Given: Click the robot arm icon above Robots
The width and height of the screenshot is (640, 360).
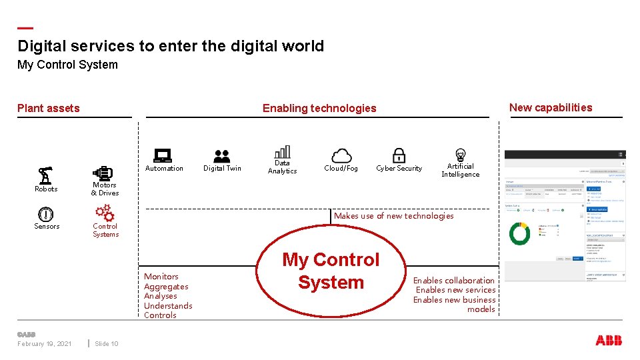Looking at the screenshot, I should point(45,175).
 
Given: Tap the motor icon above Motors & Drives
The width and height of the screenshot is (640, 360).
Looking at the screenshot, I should point(104,173).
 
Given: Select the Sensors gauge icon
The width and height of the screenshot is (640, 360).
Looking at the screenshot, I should point(45,214).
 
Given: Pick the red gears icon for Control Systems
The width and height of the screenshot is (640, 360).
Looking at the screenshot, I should point(105,213).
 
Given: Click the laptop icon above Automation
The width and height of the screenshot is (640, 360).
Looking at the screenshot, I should point(163,155).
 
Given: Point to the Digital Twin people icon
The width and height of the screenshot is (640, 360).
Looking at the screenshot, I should point(222,156).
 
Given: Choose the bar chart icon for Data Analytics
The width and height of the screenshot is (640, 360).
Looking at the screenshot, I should point(283,151).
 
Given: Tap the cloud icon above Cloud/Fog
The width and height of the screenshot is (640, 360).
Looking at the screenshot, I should point(341,156).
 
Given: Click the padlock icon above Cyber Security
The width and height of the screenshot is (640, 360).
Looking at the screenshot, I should point(399,155).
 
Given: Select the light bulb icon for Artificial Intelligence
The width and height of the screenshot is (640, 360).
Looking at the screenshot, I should point(460,155).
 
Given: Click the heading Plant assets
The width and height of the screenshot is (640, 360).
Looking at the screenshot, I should point(49,108).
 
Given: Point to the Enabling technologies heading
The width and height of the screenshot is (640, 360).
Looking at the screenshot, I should point(319,108).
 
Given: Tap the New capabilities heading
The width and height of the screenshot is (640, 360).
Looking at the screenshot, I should point(551,107).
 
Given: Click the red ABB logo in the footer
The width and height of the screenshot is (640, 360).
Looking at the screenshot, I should point(609,341).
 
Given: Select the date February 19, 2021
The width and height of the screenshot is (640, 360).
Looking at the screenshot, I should point(45,344).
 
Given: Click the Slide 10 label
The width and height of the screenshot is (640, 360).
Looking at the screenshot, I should point(107,344).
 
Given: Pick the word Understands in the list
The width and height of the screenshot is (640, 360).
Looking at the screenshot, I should point(168,306).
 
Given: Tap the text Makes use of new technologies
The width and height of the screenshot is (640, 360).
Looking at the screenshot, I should point(393,216).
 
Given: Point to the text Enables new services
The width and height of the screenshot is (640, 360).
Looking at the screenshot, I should point(456,290).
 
